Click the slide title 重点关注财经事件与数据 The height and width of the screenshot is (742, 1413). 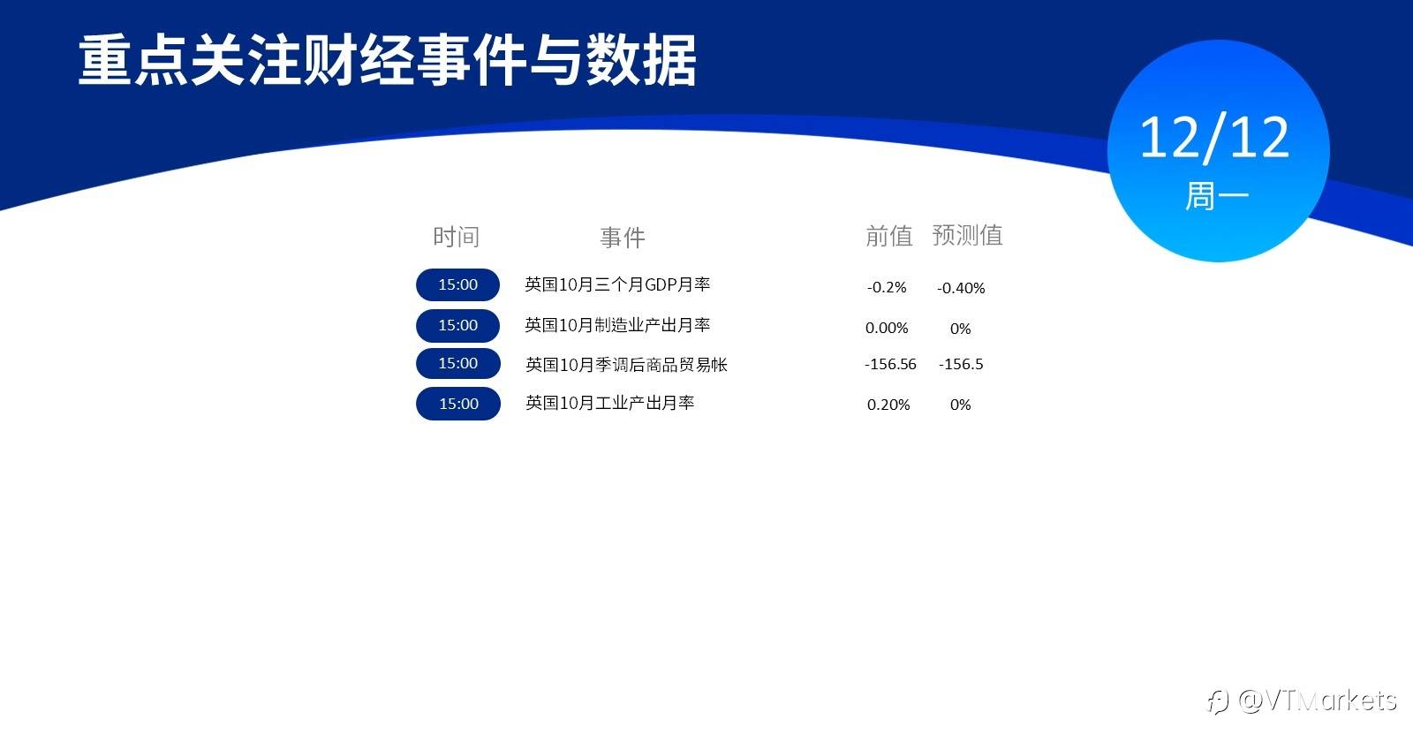(388, 60)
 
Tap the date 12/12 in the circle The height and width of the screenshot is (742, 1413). (1214, 138)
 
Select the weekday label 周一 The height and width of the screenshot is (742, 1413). (1217, 195)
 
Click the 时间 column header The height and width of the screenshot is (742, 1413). (456, 237)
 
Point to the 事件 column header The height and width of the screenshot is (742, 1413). (623, 238)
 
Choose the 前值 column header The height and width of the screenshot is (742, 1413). (888, 235)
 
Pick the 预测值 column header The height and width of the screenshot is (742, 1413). (968, 235)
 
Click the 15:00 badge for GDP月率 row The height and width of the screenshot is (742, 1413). (458, 284)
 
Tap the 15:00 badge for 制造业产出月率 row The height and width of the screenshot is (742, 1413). (458, 326)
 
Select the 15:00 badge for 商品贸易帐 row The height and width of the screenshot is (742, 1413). (458, 363)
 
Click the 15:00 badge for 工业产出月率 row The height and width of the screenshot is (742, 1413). (458, 404)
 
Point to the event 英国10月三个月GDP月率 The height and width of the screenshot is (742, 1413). (617, 284)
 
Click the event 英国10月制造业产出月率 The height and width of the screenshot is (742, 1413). (617, 325)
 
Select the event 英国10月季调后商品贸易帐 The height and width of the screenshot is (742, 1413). (626, 365)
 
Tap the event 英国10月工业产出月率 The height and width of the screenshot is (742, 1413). (610, 403)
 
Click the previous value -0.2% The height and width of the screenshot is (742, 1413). (887, 288)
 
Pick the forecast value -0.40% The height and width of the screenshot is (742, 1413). (961, 288)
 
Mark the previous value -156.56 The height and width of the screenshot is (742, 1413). (890, 364)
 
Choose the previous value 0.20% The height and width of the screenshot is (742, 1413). (888, 405)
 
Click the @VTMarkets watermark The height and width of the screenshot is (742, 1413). (1302, 701)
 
